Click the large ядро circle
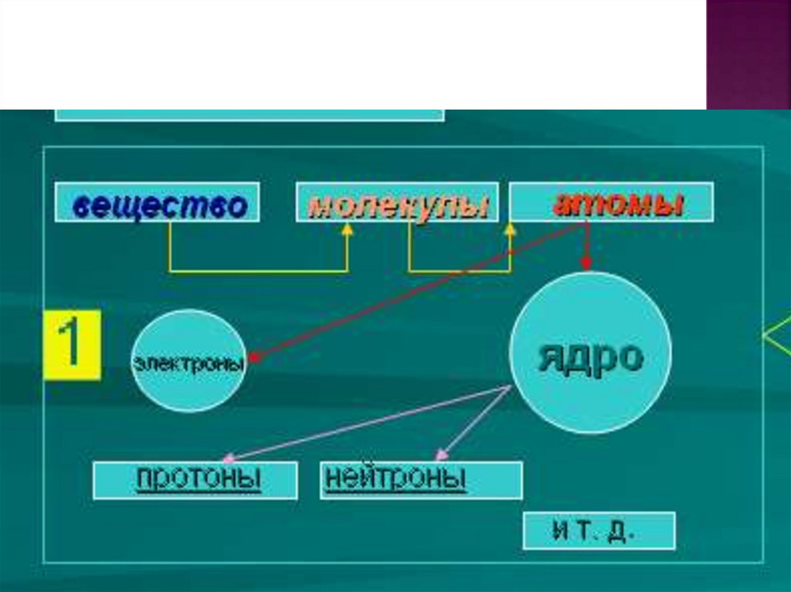point(591,353)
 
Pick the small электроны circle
point(188,360)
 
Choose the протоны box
point(195,480)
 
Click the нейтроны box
point(421,480)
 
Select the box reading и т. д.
point(599,531)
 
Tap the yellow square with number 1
point(72,345)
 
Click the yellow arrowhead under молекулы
point(348,228)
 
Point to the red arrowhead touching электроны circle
point(254,357)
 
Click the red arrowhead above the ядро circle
point(586,263)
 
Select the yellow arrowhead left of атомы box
point(510,228)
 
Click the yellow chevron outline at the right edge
point(776,336)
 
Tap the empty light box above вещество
point(250,114)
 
